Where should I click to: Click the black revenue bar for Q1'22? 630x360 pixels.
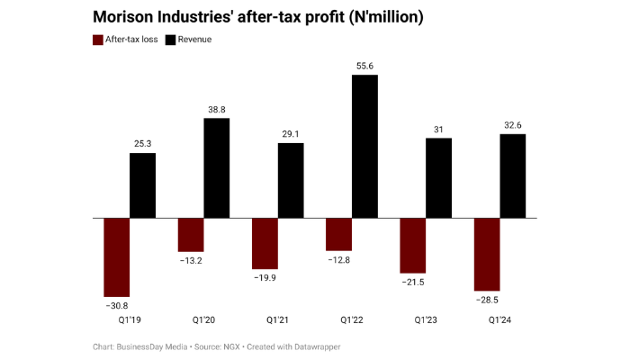[x=364, y=146]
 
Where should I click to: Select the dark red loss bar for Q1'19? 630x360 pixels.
[x=117, y=257]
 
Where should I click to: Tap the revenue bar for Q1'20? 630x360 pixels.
[x=217, y=168]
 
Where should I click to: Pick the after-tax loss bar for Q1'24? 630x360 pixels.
[x=487, y=254]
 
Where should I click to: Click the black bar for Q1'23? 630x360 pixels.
[x=438, y=177]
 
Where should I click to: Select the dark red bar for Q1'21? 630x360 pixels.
[x=265, y=243]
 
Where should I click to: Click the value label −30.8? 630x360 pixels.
[x=117, y=304]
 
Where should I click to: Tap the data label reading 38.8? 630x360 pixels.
[x=217, y=109]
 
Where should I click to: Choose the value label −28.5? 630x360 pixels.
[x=487, y=299]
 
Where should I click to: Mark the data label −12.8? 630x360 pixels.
[x=339, y=259]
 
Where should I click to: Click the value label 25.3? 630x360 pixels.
[x=142, y=144]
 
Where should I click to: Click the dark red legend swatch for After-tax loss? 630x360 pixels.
[x=98, y=40]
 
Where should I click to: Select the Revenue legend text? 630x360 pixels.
[x=194, y=40]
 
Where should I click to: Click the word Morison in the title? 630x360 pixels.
[x=125, y=17]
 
